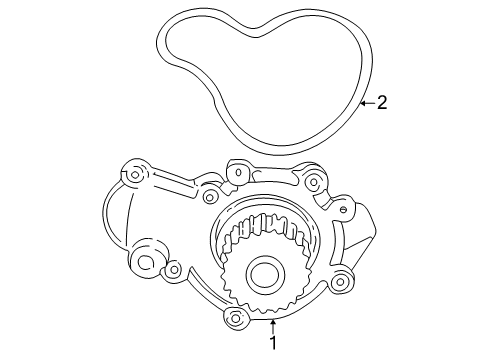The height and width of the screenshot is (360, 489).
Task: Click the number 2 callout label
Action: (380, 102)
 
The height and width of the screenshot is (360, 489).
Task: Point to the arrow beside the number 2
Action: (365, 102)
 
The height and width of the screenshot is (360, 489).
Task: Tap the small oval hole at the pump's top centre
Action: (240, 174)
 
